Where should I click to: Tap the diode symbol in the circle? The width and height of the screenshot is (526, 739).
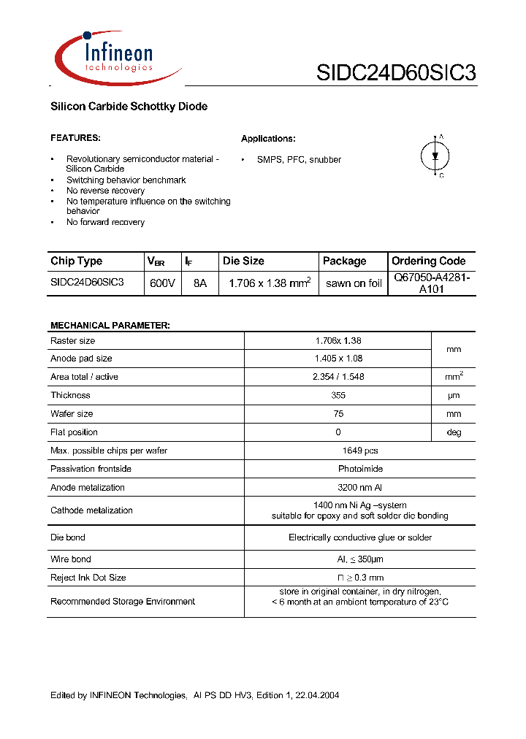click(x=435, y=156)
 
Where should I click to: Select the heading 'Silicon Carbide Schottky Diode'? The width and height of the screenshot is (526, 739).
click(x=129, y=107)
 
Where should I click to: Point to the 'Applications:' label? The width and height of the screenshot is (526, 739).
click(x=268, y=139)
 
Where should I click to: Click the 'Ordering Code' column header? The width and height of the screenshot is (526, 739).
click(x=428, y=261)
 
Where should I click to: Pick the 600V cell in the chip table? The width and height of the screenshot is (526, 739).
click(x=161, y=283)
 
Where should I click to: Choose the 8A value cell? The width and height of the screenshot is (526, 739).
click(x=200, y=283)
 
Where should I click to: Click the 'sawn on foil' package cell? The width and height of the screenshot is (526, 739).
click(x=354, y=283)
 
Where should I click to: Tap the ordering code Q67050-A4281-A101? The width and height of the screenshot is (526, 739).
click(x=432, y=283)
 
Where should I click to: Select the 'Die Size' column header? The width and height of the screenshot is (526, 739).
click(x=244, y=261)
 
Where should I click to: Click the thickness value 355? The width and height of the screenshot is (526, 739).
click(x=338, y=395)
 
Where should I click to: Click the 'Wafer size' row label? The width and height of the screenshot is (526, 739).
click(x=72, y=413)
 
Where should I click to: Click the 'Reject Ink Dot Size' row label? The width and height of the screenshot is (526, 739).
click(x=88, y=578)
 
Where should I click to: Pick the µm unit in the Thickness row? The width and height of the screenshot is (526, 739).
click(x=454, y=395)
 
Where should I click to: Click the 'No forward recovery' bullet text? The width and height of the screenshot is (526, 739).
click(x=105, y=222)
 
